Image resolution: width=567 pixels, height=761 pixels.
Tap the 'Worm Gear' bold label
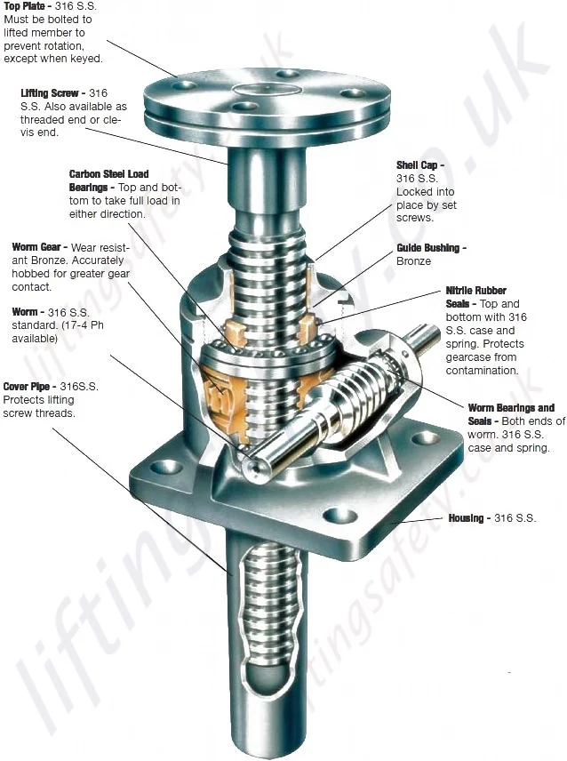click(39, 246)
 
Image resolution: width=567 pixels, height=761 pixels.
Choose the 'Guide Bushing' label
click(430, 248)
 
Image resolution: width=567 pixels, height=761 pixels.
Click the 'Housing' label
click(466, 517)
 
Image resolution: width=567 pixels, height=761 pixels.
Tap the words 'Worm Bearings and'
click(511, 408)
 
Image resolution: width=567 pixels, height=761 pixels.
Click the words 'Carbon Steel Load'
click(108, 174)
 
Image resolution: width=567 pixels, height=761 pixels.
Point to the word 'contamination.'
click(482, 370)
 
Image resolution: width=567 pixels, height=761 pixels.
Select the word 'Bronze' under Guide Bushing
click(413, 261)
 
